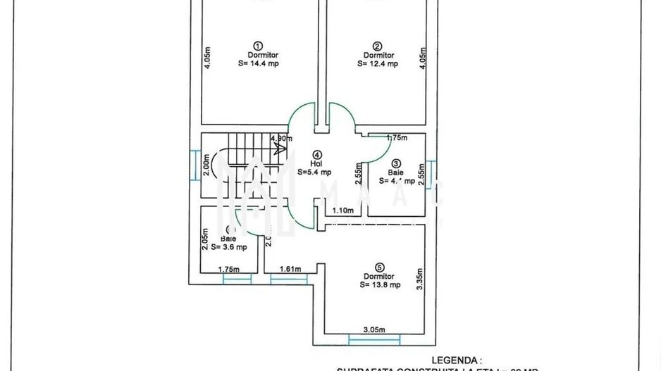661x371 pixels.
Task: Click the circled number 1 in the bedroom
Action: coord(258,44)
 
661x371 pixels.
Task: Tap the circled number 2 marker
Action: coord(378,44)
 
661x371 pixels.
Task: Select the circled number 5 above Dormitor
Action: coord(380,267)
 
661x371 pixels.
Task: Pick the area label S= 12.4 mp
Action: coord(378,63)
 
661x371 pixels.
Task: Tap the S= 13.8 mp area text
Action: coord(380,285)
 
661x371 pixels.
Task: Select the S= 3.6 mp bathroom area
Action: coord(228,247)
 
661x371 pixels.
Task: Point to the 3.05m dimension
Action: coord(373,329)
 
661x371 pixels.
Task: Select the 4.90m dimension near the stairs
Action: coord(280,139)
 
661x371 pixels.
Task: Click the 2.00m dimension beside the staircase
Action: coord(206,165)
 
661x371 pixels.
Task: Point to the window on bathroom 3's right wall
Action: coord(429,172)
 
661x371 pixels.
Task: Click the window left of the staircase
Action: coord(194,165)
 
